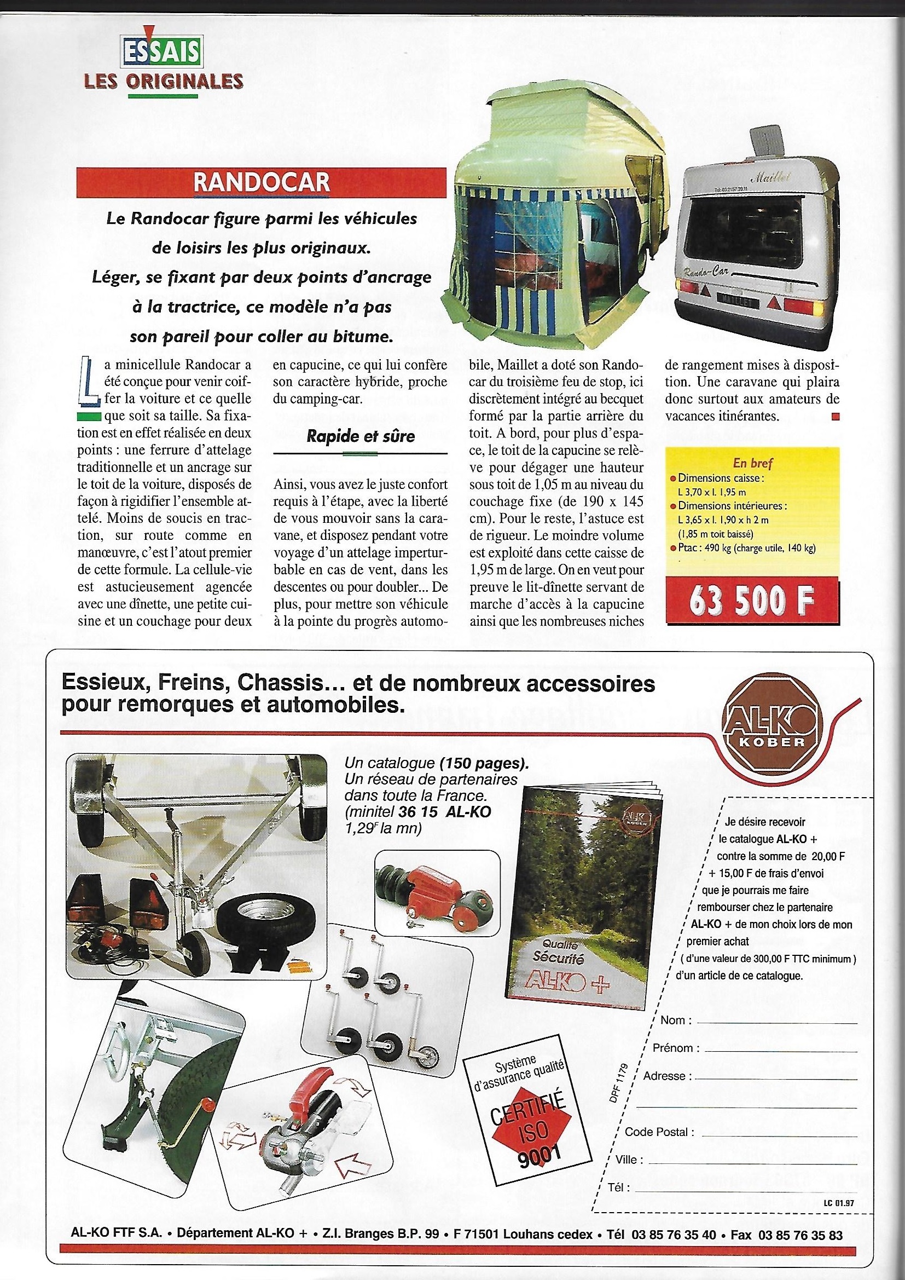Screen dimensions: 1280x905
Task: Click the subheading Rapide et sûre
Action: pos(361,436)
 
